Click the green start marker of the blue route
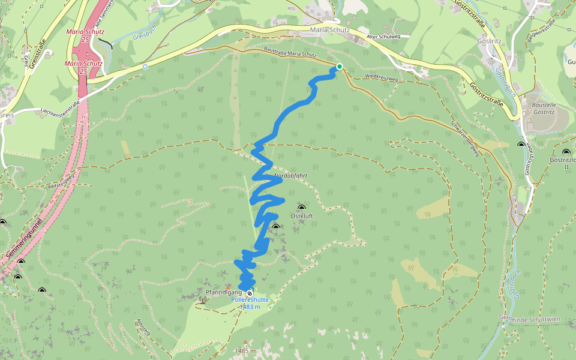click(x=339, y=67)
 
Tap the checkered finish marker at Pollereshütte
click(x=250, y=292)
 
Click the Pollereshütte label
click(x=250, y=299)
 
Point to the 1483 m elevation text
click(x=250, y=307)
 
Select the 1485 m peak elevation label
click(x=245, y=350)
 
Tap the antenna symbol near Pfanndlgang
click(x=202, y=298)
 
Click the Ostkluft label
click(x=302, y=215)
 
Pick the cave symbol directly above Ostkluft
click(x=301, y=207)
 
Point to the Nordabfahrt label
click(x=290, y=176)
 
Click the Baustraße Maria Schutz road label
click(x=290, y=54)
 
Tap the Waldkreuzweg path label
click(x=381, y=77)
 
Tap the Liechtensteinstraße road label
click(x=60, y=107)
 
